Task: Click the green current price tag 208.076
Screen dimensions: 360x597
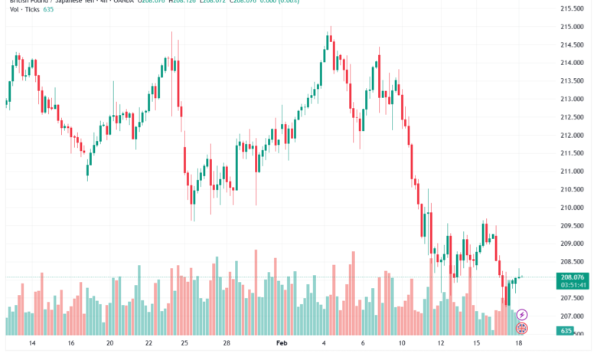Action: click(572, 277)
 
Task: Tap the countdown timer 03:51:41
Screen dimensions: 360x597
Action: click(572, 285)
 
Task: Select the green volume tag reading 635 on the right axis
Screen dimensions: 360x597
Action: click(566, 331)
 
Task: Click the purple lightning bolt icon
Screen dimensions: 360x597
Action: click(522, 315)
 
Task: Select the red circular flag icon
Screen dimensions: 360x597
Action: click(522, 328)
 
